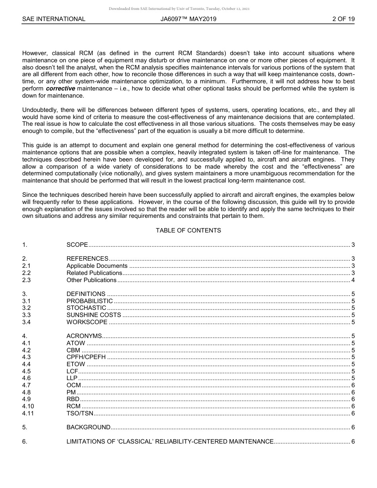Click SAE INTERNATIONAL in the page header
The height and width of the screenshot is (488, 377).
[x=54, y=19]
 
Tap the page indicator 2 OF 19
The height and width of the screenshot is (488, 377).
[x=343, y=19]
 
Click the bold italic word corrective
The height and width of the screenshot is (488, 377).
[x=60, y=88]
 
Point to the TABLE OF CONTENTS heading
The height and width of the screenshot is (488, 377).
[x=188, y=231]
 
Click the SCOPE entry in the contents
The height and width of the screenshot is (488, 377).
[x=77, y=245]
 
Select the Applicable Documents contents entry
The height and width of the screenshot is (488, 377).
[x=97, y=266]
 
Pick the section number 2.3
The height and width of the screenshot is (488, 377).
[x=26, y=280]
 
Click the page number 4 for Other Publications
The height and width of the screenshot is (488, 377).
[x=353, y=280]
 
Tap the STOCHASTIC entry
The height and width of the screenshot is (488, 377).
[x=86, y=308]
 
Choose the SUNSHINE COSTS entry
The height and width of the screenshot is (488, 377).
[x=94, y=315]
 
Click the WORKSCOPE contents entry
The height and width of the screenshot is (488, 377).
[x=87, y=322]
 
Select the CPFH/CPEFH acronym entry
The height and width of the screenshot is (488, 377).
[x=86, y=357]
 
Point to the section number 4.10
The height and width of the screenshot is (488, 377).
[x=28, y=406]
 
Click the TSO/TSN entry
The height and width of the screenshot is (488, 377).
[x=80, y=413]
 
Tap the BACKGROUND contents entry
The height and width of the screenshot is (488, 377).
[x=88, y=427]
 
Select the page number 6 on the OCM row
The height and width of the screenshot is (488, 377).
[x=353, y=385]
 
